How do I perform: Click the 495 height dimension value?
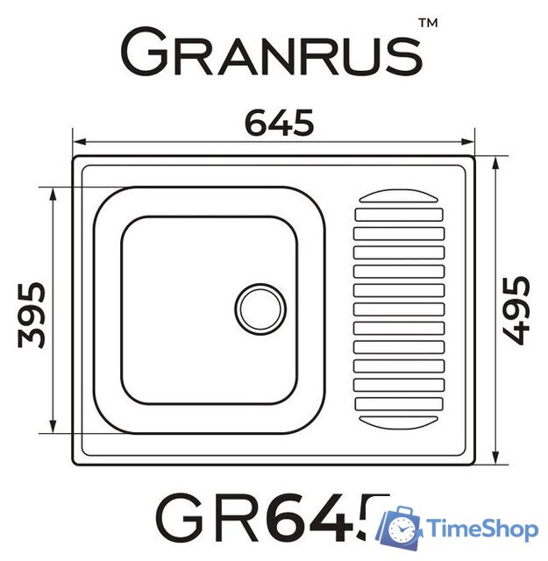(x=516, y=309)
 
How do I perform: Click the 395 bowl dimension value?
(x=32, y=313)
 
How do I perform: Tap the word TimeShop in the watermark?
(x=483, y=529)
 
